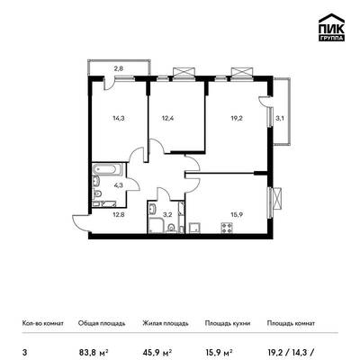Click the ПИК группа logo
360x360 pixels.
[331, 27]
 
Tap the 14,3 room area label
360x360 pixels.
[119, 118]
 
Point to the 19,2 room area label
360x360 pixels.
[237, 118]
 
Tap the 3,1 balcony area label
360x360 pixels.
[280, 118]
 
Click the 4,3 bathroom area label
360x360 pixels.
[119, 185]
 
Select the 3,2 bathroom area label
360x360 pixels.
[166, 215]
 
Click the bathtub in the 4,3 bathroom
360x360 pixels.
[107, 169]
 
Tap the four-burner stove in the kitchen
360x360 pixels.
[227, 228]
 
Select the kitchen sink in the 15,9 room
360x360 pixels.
[193, 228]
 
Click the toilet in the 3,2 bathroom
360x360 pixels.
[171, 228]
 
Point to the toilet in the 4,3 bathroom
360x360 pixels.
[97, 194]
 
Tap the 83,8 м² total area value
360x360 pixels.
[93, 351]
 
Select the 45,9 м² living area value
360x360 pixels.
[157, 351]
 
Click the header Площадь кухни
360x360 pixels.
[228, 323]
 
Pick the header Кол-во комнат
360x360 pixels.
[43, 323]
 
